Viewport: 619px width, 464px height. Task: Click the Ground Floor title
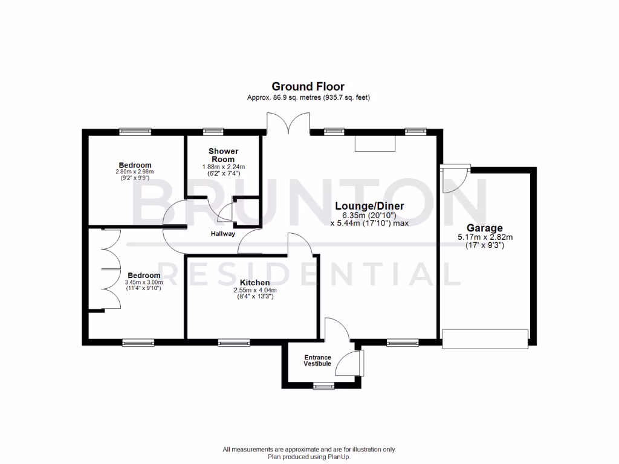tap(308, 86)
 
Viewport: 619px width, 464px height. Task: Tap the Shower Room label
tap(224, 155)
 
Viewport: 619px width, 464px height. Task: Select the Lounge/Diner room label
tap(370, 206)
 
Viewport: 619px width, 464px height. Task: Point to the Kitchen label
tap(254, 282)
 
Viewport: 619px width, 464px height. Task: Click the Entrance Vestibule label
tap(317, 361)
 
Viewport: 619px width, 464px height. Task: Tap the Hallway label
tap(223, 234)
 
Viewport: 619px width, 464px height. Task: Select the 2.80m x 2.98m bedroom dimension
tap(135, 172)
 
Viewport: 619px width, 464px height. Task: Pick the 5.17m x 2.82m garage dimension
tap(485, 237)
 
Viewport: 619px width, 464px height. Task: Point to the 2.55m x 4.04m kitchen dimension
tap(254, 290)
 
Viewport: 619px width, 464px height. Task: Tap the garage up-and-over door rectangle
tap(485, 337)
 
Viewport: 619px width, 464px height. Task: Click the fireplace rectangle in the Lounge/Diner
tap(375, 144)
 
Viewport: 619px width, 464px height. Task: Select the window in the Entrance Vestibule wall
tap(324, 385)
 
